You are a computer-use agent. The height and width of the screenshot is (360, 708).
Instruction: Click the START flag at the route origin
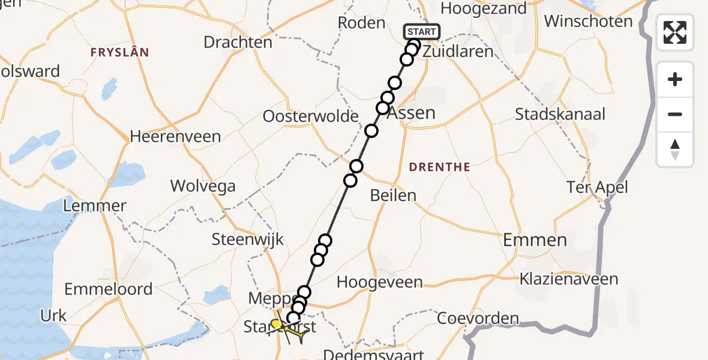pos(422,31)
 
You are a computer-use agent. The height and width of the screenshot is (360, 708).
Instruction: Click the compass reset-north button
pos(675,149)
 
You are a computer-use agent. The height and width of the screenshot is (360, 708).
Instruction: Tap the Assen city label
pos(412,113)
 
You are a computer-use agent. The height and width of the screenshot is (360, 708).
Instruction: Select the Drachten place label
pos(238,43)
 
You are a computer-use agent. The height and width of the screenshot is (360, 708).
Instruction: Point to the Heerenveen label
pos(176,137)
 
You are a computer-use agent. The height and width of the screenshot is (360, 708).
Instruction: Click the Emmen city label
pos(535,241)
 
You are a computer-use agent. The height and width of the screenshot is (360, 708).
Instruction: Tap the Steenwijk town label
pos(247,241)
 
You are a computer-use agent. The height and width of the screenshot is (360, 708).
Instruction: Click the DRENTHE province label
pos(440,167)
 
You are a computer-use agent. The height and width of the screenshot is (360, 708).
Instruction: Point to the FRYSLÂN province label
pos(119,53)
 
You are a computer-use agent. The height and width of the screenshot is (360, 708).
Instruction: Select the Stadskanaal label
pos(560,115)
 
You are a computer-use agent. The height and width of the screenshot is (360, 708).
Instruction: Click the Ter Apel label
pos(597,188)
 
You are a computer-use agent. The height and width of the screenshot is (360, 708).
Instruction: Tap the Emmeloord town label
pos(108,289)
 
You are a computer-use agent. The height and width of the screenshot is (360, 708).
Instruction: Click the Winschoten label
pos(588,22)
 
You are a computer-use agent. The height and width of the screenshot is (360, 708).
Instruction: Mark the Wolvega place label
pos(203,186)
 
